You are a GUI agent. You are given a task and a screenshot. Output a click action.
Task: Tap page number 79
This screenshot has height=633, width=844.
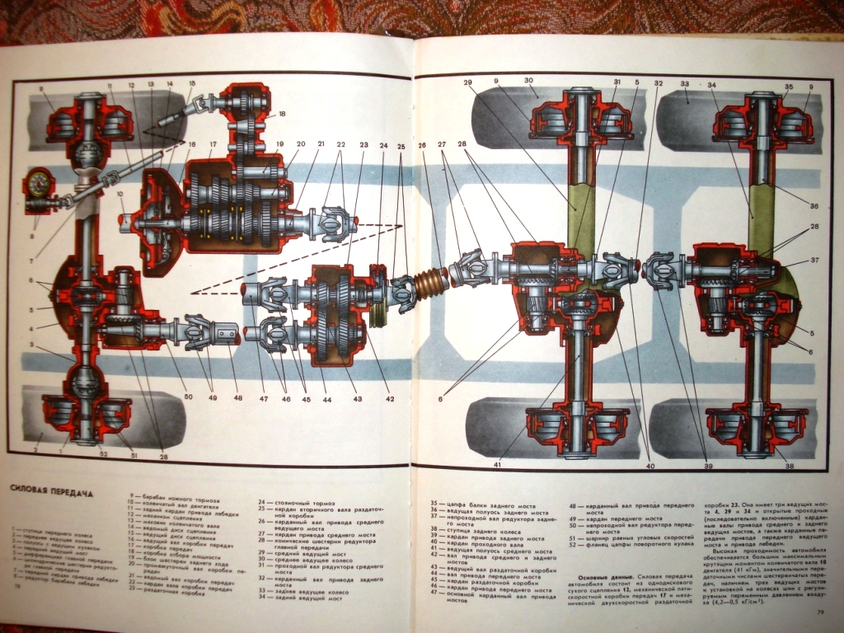[819, 611]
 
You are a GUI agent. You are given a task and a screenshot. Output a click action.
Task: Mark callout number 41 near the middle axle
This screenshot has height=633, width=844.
[497, 465]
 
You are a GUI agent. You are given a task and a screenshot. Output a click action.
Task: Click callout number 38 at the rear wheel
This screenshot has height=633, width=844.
[789, 466]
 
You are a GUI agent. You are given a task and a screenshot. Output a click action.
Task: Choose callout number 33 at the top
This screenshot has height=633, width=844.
[684, 84]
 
